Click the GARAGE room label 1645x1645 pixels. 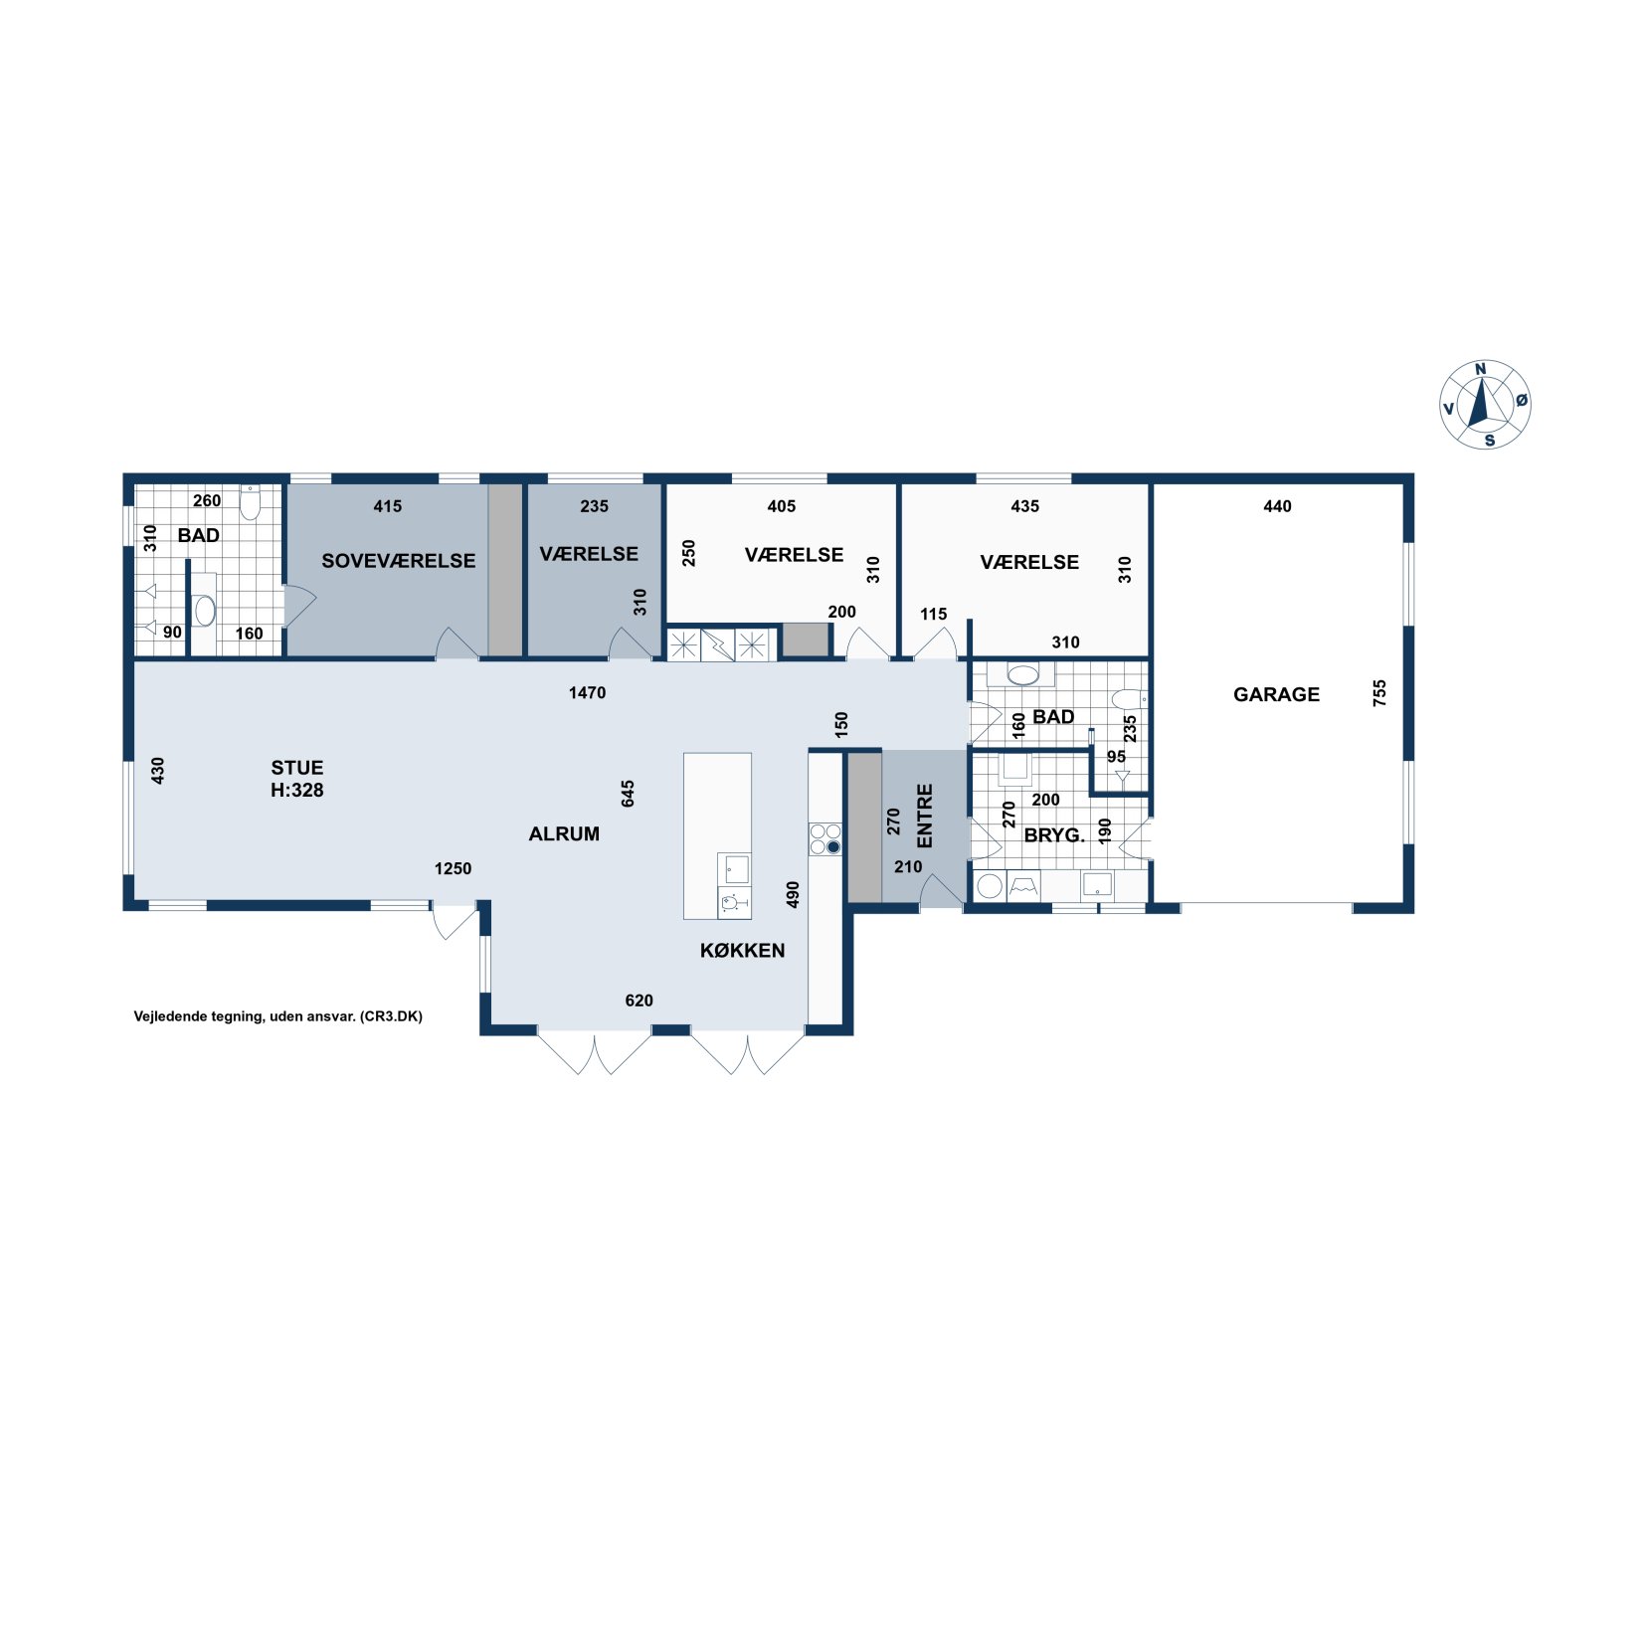click(x=1276, y=694)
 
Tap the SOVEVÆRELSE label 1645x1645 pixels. click(x=398, y=560)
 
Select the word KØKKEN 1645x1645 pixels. click(x=742, y=950)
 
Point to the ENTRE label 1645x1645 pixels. click(x=925, y=817)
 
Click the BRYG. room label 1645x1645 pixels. click(x=1054, y=835)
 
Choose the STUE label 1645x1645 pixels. click(x=297, y=768)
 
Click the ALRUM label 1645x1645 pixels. click(x=564, y=833)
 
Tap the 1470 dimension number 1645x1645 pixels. click(x=587, y=692)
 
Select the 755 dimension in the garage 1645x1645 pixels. click(x=1379, y=693)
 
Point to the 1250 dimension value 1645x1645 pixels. click(x=453, y=868)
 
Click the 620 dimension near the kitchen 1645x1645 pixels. click(x=639, y=1001)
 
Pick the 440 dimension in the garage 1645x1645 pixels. click(x=1277, y=506)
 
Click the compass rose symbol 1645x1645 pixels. click(x=1485, y=404)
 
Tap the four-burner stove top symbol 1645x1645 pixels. click(x=825, y=838)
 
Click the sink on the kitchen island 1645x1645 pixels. click(x=737, y=868)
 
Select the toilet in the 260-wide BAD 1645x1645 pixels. click(x=250, y=503)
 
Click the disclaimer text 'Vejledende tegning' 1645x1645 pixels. click(x=198, y=1016)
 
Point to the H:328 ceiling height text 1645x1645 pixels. click(x=297, y=791)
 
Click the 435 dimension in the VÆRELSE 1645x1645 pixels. click(x=1024, y=506)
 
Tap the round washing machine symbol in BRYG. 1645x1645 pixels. click(x=990, y=885)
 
